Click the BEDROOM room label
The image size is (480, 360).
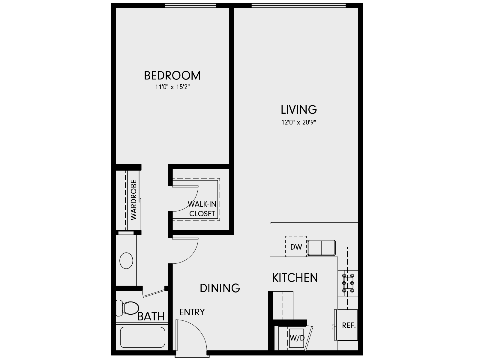point(172,76)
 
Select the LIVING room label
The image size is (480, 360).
point(299,110)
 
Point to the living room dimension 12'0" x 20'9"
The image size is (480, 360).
point(299,122)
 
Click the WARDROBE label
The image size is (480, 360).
point(133,199)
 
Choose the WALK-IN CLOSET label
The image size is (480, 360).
point(202,209)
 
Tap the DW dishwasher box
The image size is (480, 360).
point(296,247)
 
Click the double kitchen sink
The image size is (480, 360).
point(321,248)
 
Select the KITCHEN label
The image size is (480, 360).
point(295,278)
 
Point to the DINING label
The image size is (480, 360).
point(220,288)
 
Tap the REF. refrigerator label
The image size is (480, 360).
point(349,325)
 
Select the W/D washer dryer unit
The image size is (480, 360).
point(296,338)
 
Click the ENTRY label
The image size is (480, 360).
point(192,312)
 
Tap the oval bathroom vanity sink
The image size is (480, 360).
point(126,261)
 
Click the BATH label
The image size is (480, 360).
point(151,316)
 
